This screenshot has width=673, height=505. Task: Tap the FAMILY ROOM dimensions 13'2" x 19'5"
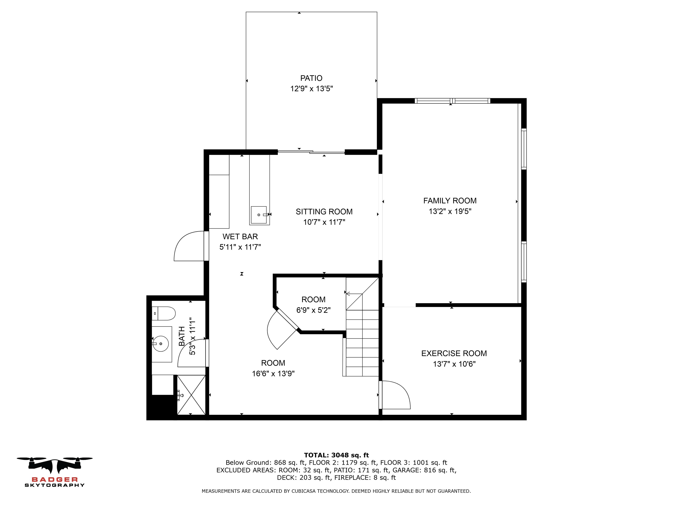450,211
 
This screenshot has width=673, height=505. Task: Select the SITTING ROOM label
324,212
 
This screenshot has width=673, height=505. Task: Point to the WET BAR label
240,236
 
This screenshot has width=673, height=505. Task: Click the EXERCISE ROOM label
454,353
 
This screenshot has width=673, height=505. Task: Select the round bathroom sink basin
161,344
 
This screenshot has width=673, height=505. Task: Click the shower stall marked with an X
191,395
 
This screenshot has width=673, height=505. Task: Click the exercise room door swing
395,394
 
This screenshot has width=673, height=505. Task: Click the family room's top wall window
452,101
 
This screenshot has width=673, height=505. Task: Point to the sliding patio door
311,152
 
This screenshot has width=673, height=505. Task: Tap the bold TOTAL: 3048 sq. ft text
336,455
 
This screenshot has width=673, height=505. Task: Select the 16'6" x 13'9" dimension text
273,373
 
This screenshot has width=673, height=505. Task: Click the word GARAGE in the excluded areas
404,470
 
